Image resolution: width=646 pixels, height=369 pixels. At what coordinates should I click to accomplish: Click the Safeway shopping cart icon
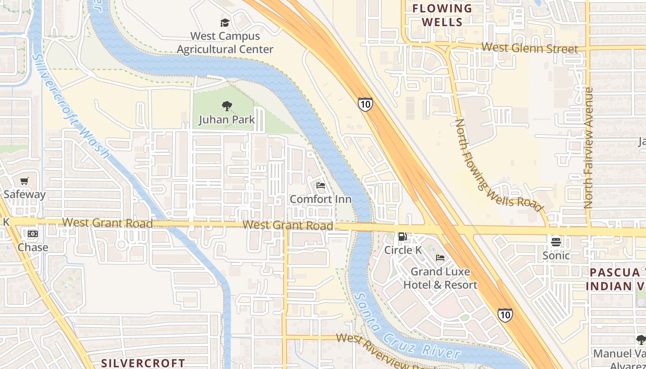click(x=24, y=181)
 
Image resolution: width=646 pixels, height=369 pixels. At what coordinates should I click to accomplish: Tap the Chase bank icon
click(x=32, y=234)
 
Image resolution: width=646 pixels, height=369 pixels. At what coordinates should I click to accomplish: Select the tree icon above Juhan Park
click(x=227, y=107)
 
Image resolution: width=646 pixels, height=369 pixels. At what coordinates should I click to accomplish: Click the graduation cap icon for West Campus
click(x=225, y=23)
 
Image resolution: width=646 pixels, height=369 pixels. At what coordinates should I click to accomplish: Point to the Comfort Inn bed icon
click(x=321, y=185)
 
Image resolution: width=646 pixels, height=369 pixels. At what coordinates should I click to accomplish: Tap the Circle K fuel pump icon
click(x=402, y=237)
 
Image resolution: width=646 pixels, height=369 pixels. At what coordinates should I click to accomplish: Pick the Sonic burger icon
click(x=556, y=242)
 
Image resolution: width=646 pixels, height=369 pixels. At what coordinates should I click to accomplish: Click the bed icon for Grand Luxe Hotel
click(x=440, y=258)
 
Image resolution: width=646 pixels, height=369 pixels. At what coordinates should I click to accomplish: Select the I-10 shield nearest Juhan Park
click(x=365, y=104)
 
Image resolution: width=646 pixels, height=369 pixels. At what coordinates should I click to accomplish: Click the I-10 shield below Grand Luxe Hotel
click(x=505, y=315)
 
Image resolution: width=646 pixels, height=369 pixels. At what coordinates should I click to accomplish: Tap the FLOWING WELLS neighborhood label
click(x=442, y=15)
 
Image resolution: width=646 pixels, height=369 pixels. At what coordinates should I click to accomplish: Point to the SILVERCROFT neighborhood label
click(x=143, y=363)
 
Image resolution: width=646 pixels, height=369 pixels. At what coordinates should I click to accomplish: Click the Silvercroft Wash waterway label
click(x=72, y=106)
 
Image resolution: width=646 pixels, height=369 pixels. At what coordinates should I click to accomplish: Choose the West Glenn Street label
click(x=529, y=48)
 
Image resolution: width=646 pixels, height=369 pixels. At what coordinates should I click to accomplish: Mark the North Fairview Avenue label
click(x=588, y=148)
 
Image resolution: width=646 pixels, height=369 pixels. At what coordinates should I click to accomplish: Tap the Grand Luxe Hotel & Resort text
click(x=440, y=278)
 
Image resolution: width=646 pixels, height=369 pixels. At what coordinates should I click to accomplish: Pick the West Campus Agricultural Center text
click(x=225, y=42)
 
